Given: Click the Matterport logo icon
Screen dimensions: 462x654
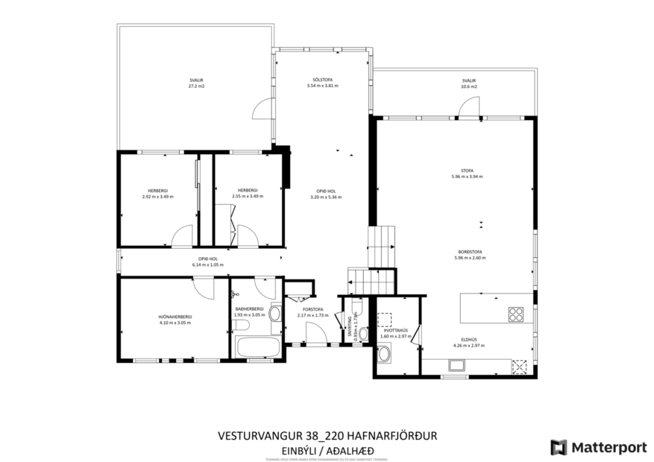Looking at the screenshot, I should pyautogui.click(x=559, y=447).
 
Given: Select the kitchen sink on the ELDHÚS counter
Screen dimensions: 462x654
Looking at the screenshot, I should pyautogui.click(x=456, y=365).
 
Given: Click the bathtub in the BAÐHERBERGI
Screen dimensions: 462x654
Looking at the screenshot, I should pyautogui.click(x=257, y=347).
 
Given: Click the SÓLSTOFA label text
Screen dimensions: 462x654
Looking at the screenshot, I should pyautogui.click(x=322, y=80).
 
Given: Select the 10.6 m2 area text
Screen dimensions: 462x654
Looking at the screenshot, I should pyautogui.click(x=468, y=86).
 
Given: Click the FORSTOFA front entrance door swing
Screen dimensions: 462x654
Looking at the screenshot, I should pyautogui.click(x=316, y=335).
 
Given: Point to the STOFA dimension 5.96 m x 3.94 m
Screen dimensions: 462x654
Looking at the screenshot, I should pyautogui.click(x=468, y=177).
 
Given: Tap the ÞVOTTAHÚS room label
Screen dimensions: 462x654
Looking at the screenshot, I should pyautogui.click(x=394, y=330).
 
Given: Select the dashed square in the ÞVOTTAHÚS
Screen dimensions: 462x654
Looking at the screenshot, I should pyautogui.click(x=386, y=319).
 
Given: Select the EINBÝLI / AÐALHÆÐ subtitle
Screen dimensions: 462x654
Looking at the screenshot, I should pyautogui.click(x=327, y=451).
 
